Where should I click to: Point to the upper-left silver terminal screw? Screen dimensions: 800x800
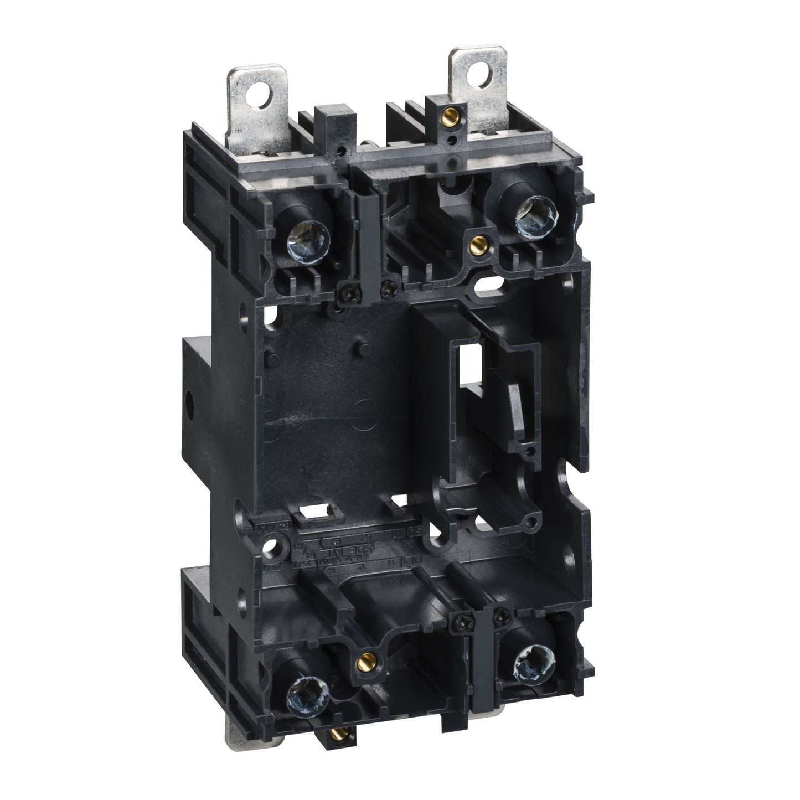tap(308, 242)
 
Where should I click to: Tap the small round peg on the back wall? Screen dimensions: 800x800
tap(362, 349)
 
